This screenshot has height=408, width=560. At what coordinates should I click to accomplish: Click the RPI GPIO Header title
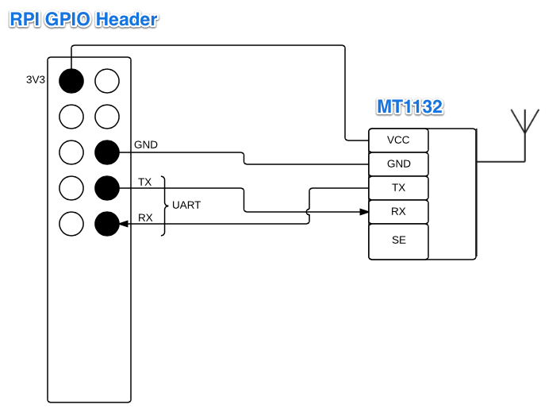[82, 20]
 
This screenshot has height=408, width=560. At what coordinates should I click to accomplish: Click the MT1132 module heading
[409, 107]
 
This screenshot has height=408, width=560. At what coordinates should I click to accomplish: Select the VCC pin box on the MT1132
[398, 140]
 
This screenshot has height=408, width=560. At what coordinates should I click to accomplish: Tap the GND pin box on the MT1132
[398, 164]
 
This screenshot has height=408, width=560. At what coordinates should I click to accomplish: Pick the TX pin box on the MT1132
[398, 187]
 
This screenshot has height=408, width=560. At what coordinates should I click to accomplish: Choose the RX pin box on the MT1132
[398, 211]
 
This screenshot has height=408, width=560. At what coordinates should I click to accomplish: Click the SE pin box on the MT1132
[398, 241]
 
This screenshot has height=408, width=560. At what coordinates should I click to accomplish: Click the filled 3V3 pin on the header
[71, 80]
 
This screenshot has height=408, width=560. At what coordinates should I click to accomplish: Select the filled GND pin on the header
[106, 152]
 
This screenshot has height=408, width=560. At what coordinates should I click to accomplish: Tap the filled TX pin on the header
[106, 188]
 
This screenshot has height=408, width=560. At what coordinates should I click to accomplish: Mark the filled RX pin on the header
[106, 224]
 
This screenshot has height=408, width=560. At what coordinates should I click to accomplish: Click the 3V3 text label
[36, 80]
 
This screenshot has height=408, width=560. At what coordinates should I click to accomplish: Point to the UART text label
[186, 205]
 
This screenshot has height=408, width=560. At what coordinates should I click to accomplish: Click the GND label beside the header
[146, 145]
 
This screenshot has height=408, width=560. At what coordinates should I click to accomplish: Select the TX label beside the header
[144, 182]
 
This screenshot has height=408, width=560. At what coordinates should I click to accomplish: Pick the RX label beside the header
[145, 217]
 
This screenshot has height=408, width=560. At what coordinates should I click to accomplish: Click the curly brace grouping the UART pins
[164, 206]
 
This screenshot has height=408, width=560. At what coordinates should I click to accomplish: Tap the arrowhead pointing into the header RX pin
[123, 224]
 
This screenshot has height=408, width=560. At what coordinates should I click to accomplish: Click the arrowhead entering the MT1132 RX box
[364, 211]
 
